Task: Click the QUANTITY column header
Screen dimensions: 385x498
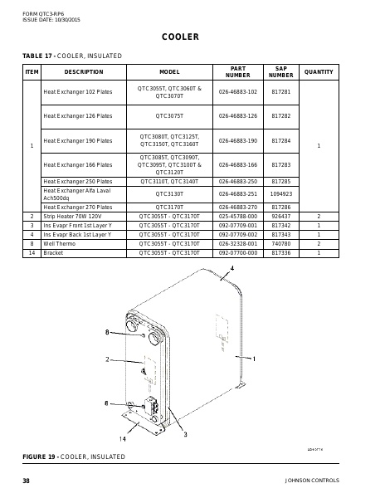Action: (x=319, y=72)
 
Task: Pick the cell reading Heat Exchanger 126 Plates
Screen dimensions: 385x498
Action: (x=77, y=116)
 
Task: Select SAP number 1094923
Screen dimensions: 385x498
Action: (x=281, y=193)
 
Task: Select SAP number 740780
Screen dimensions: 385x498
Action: (x=281, y=244)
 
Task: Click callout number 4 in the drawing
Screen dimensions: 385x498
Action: (x=232, y=270)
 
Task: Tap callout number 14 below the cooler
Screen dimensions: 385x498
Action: (x=122, y=438)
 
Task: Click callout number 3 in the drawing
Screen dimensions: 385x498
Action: (x=184, y=434)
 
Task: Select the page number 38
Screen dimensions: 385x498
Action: (x=26, y=481)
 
